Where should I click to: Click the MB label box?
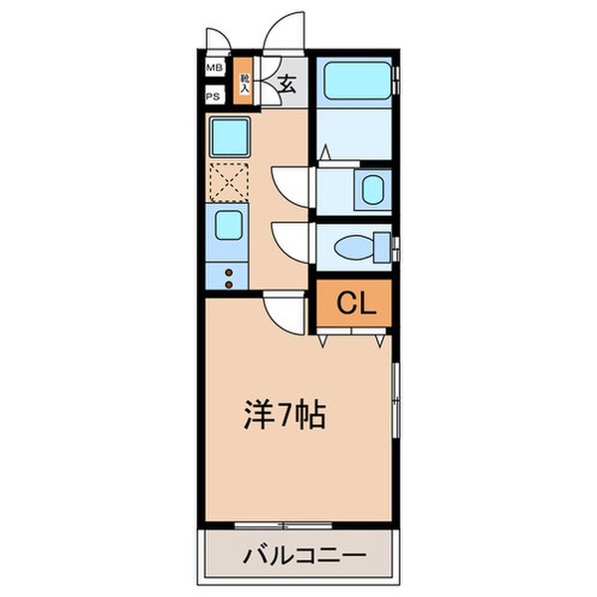(x=214, y=69)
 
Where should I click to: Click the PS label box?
(x=214, y=97)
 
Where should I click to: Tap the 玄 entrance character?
(x=287, y=84)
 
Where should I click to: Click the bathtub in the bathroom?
(x=355, y=81)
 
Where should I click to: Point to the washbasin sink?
(x=373, y=189)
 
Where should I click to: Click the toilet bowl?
(x=354, y=246)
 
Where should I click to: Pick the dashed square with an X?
(x=228, y=181)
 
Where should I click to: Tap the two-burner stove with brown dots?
(x=229, y=277)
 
